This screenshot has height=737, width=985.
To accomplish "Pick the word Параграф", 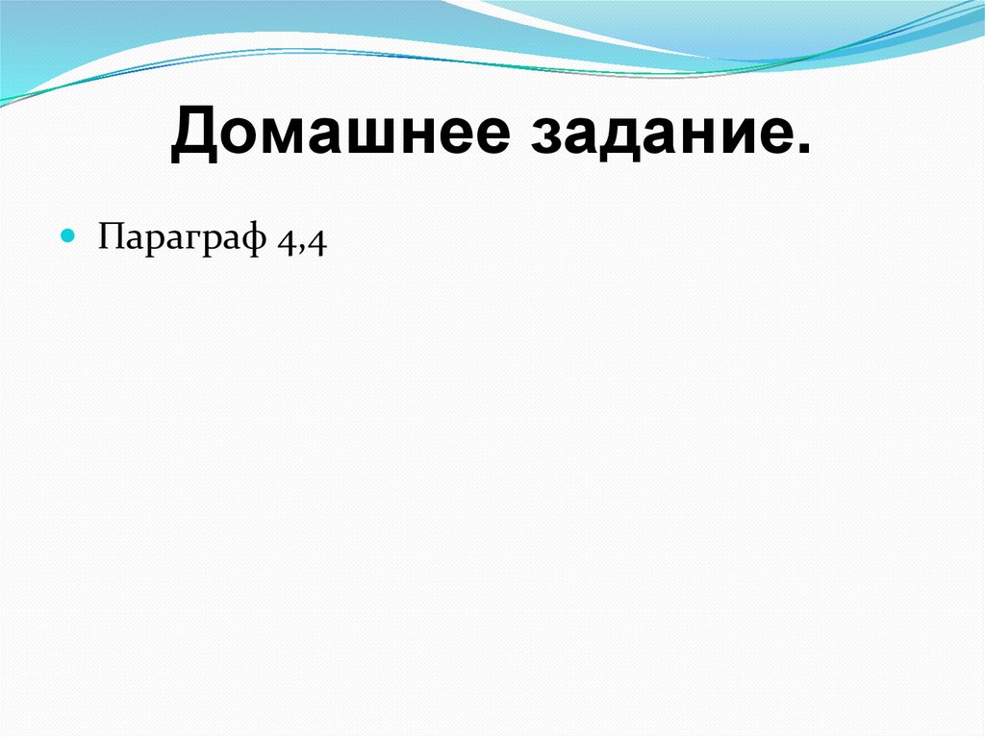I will click(182, 237).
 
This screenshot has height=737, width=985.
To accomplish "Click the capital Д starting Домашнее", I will click(193, 135).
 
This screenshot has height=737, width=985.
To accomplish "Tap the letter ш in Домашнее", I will click(368, 138).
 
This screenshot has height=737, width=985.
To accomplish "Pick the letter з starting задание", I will click(540, 138).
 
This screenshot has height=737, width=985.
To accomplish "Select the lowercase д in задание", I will click(610, 140).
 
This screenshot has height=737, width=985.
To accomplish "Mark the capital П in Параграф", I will click(109, 235).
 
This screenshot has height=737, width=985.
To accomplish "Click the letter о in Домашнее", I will click(234, 138).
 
